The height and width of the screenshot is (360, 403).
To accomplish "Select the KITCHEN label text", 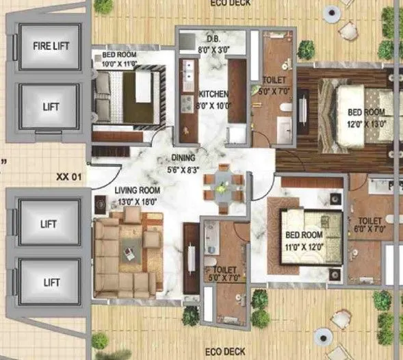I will pyautogui.click(x=213, y=94).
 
